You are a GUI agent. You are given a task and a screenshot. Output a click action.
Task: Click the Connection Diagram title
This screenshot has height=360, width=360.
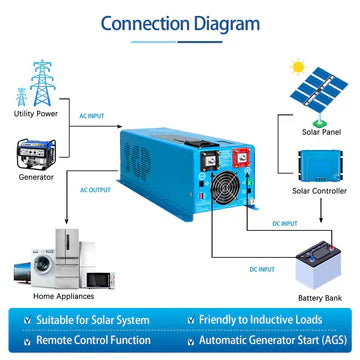(x=180, y=23)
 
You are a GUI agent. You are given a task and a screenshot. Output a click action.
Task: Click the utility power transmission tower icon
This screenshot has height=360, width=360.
(x=37, y=71)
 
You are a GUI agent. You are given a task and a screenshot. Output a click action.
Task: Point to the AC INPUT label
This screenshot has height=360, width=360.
(x=91, y=116)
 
